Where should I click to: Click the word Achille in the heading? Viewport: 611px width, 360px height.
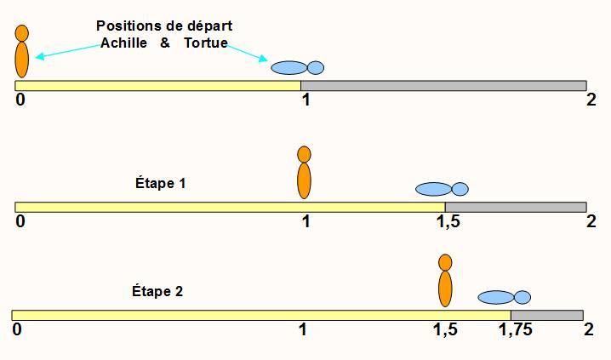pos(123,43)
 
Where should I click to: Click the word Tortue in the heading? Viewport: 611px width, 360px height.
pos(206,43)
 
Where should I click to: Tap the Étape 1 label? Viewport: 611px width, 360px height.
pos(160,183)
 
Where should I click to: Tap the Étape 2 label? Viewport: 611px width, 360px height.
pos(157,291)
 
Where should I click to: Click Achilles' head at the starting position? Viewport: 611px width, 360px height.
pos(22,33)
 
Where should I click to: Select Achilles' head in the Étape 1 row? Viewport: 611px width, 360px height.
pos(304,154)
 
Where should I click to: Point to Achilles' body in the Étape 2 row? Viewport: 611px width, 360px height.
pos(445,289)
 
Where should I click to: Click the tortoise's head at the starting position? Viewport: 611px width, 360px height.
pos(316,68)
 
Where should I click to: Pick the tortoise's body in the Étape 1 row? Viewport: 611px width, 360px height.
pos(434,189)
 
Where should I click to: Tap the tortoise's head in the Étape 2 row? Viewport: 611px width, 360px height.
pos(522,297)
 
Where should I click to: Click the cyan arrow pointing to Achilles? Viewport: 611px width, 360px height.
pos(68,51)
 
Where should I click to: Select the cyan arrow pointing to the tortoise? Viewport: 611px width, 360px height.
pos(247,53)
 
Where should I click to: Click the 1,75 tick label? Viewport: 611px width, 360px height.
pos(515,330)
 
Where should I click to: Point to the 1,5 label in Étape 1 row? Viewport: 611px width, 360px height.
pos(448,221)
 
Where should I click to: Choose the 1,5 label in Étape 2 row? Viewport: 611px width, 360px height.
pos(445,330)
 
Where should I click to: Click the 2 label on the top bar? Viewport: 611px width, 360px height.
pos(591,100)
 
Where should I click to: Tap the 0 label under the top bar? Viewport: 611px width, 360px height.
pos(20,100)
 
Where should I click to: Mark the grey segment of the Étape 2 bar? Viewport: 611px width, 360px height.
pos(547,315)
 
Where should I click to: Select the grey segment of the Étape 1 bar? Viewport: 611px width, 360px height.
pos(516,207)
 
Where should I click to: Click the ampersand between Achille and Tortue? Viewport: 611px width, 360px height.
pos(165,43)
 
